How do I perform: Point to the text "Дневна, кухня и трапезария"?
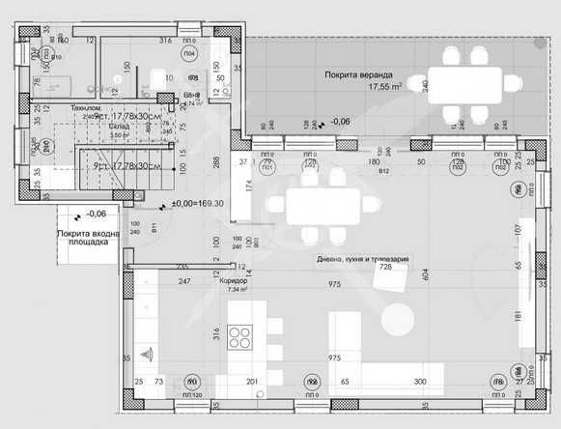363,260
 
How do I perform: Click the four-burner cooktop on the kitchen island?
239,340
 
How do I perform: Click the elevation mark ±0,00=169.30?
197,204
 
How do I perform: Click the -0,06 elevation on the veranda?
340,122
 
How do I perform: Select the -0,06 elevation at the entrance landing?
96,214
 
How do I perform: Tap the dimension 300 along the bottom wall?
420,383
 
